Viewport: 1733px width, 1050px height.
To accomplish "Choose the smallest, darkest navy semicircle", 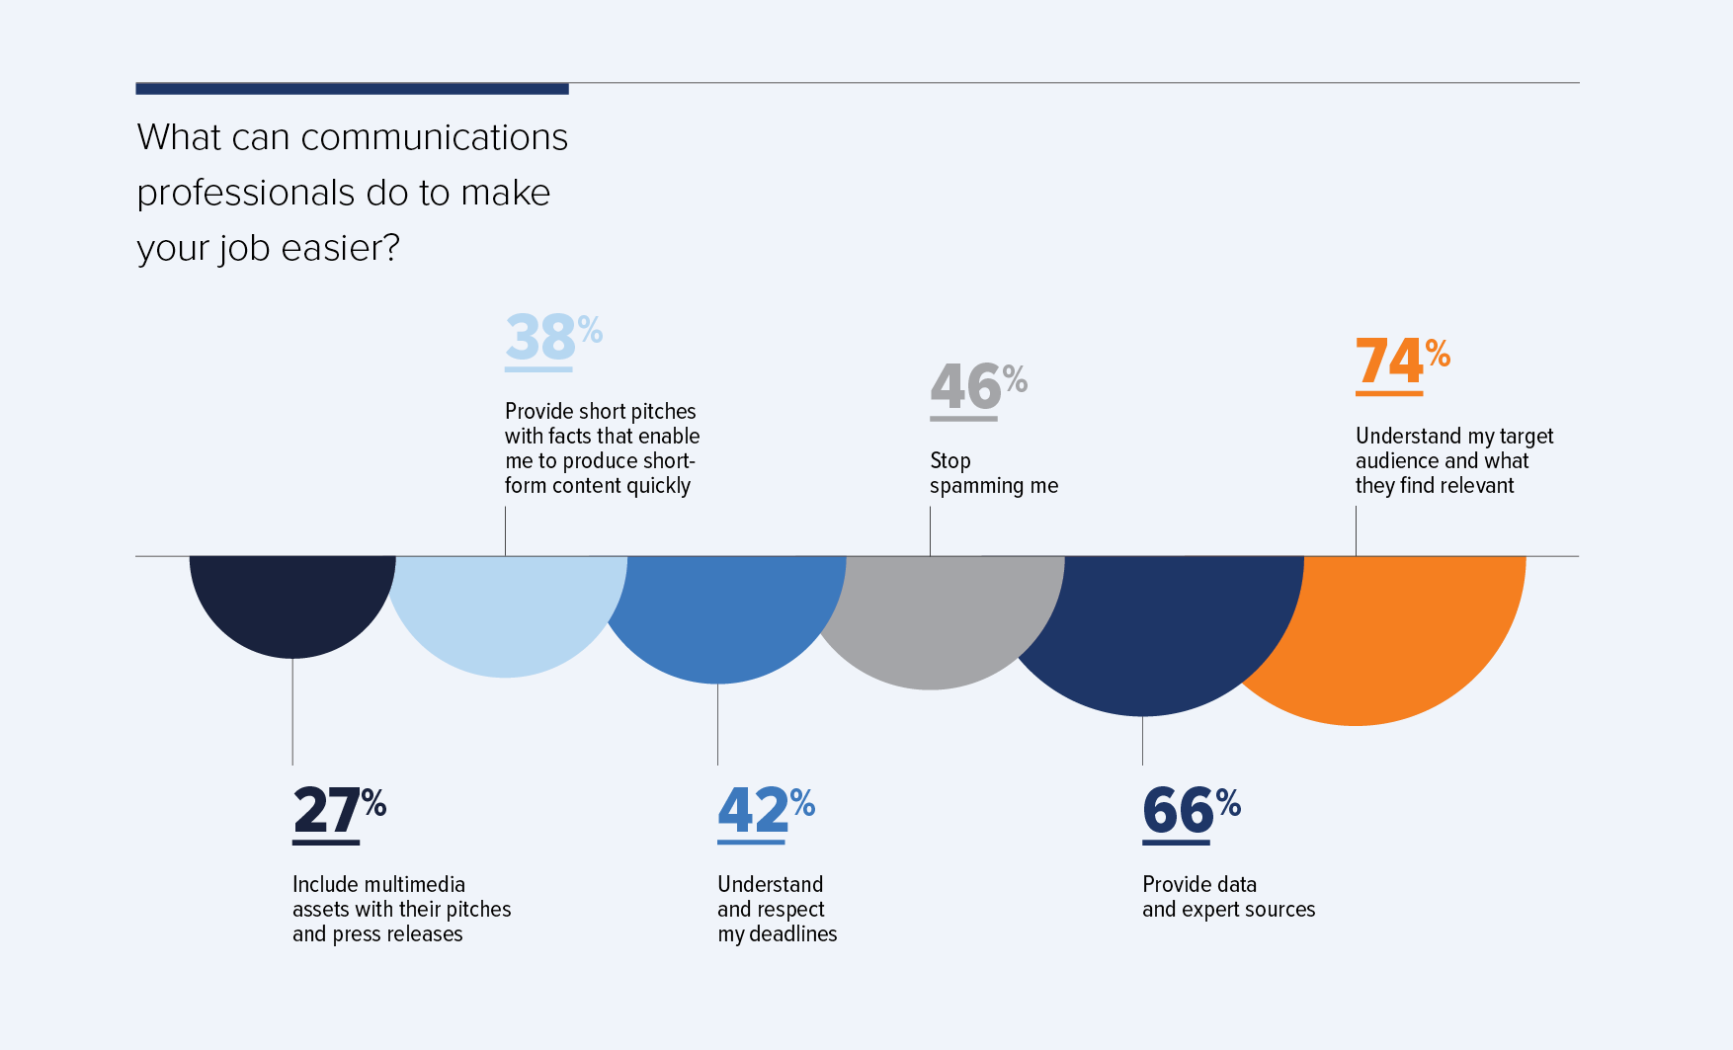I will pyautogui.click(x=291, y=603).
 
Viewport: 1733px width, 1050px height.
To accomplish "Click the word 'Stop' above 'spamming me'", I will pyautogui.click(x=950, y=461).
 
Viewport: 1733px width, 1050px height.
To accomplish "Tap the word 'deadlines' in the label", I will pyautogui.click(x=792, y=934).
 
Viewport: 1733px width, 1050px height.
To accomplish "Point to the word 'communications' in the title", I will pyautogui.click(x=434, y=137).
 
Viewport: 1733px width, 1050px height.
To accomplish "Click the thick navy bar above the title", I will pyautogui.click(x=352, y=89).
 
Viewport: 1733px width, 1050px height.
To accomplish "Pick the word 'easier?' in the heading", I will pyautogui.click(x=340, y=248).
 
